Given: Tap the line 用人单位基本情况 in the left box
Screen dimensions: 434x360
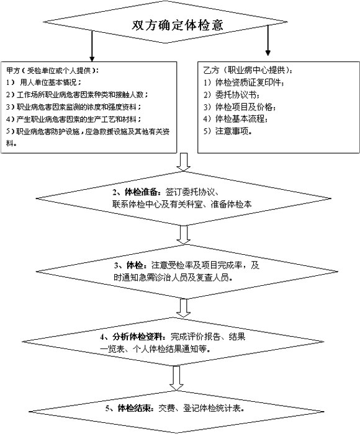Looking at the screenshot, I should (50, 82).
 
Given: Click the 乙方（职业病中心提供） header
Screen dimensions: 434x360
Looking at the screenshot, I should (245, 69).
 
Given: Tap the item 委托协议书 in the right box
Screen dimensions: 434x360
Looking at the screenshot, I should (233, 94).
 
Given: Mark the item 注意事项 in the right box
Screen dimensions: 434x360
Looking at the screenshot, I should (230, 131).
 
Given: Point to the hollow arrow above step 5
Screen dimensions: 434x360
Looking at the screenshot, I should (178, 376).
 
